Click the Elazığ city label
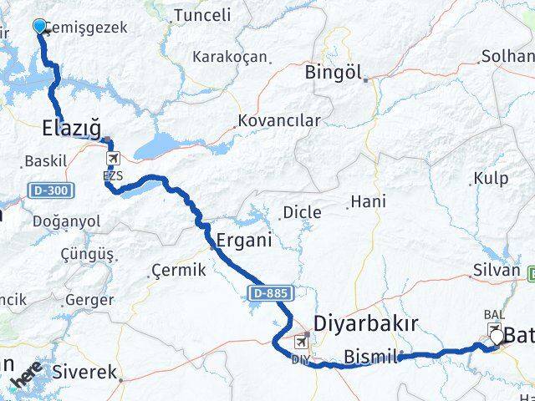click(x=71, y=129)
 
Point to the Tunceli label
click(x=202, y=15)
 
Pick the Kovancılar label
click(x=279, y=120)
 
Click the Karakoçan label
click(x=230, y=58)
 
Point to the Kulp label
click(x=490, y=178)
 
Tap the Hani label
click(x=368, y=201)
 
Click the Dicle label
click(x=302, y=212)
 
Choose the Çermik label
click(x=176, y=271)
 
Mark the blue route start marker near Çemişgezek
click(x=39, y=26)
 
